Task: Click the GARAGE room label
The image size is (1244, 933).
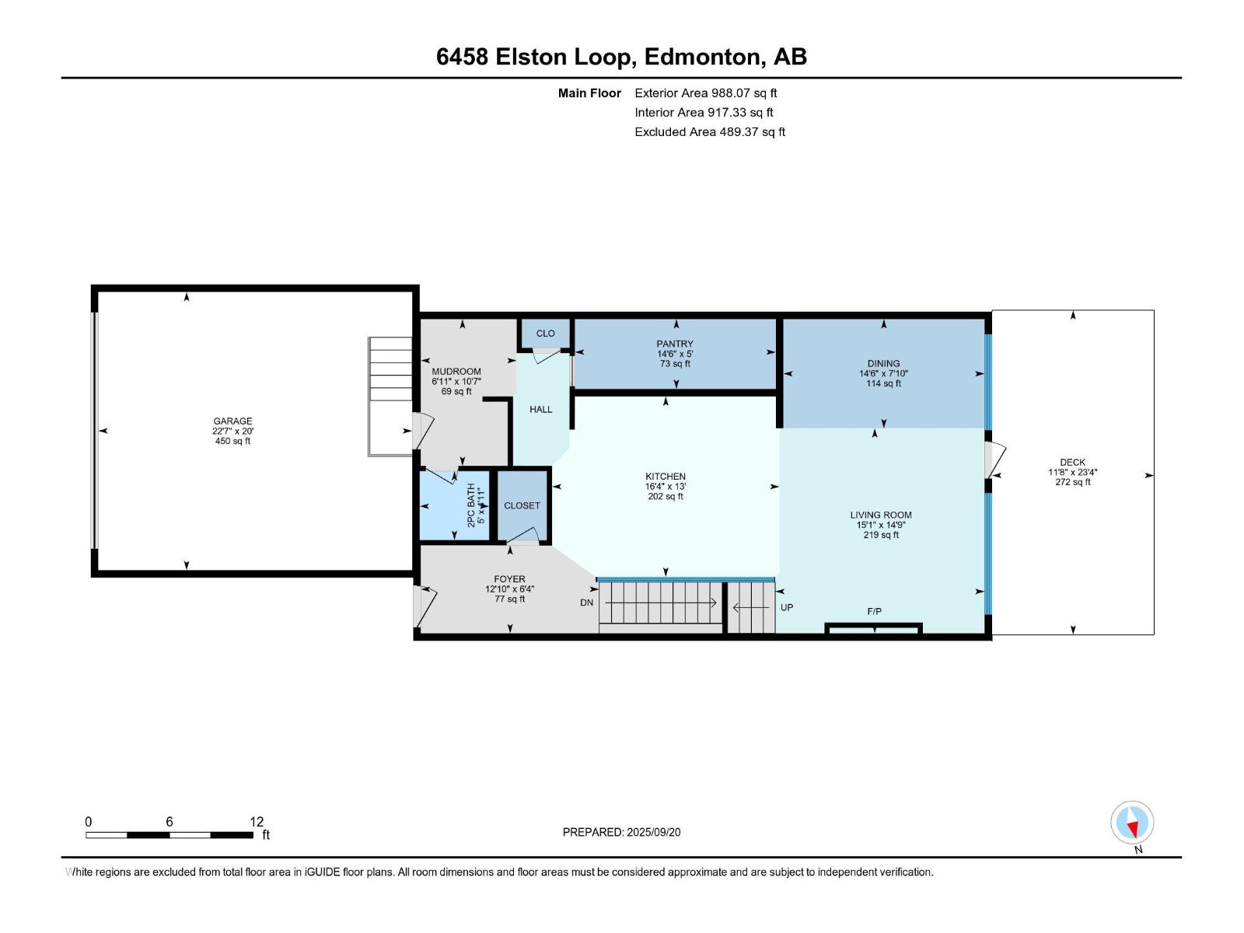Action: (232, 421)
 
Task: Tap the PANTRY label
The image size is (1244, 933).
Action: (674, 344)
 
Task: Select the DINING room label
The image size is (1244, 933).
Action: (883, 363)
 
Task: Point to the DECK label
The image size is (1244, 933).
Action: (1072, 463)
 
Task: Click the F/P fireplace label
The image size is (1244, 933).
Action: (874, 611)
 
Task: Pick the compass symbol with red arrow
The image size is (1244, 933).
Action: (1132, 822)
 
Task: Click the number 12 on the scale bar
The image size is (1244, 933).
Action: (257, 821)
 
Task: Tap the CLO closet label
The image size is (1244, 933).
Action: (545, 333)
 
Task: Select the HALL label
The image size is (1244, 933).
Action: (540, 409)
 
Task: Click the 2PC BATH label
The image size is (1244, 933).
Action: (471, 505)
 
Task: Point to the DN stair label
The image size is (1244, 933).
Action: (586, 602)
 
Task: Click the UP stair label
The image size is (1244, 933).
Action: (787, 607)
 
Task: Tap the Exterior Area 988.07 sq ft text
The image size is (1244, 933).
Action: (706, 93)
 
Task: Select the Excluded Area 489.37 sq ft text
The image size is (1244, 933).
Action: (710, 132)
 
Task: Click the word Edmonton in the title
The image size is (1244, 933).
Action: (701, 57)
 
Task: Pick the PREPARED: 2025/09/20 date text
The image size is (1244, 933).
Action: (621, 832)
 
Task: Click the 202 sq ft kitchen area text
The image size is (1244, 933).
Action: (666, 496)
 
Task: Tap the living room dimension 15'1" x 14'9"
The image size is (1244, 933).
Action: (881, 525)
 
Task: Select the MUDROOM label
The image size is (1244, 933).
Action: (456, 372)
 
